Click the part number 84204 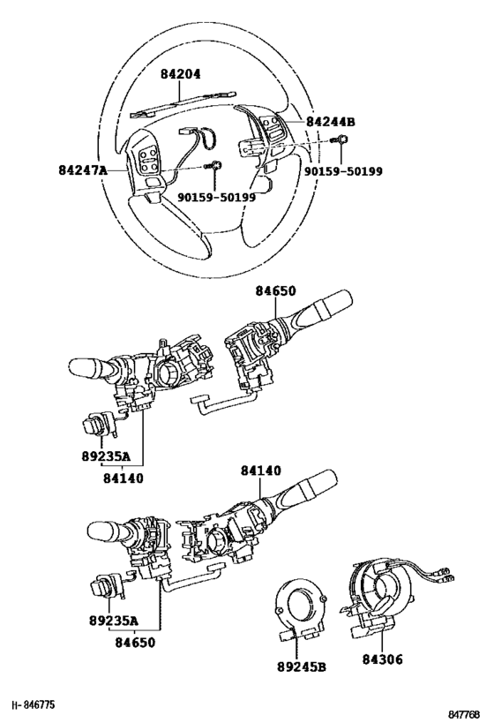coord(181,74)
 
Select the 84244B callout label coord(331,122)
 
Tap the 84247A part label coord(83,170)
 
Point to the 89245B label coord(302,667)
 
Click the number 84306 coord(382,659)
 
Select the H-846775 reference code coord(34,705)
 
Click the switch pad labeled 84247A coord(146,165)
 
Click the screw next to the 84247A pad coord(213,165)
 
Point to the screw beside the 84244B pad coord(341,139)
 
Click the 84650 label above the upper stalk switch coord(275,291)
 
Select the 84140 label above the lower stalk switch coord(261,471)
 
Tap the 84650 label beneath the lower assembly coord(135,642)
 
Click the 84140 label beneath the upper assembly coord(123,478)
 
